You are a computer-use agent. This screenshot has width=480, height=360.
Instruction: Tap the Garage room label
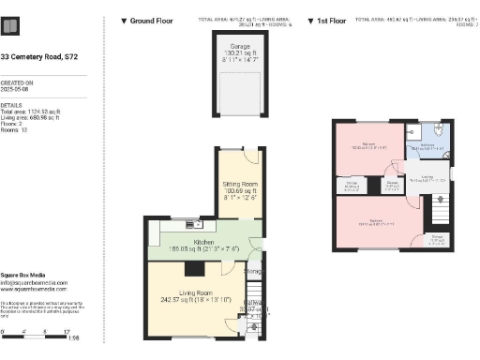pyautogui.click(x=240, y=46)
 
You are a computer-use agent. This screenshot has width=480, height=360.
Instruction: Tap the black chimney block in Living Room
pyautogui.click(x=192, y=269)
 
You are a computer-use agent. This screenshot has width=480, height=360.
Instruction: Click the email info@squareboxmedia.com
pyautogui.click(x=33, y=282)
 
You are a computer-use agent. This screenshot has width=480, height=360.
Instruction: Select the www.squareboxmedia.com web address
pyautogui.click(x=33, y=289)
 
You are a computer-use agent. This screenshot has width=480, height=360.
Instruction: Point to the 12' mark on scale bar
pyautogui.click(x=67, y=333)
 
